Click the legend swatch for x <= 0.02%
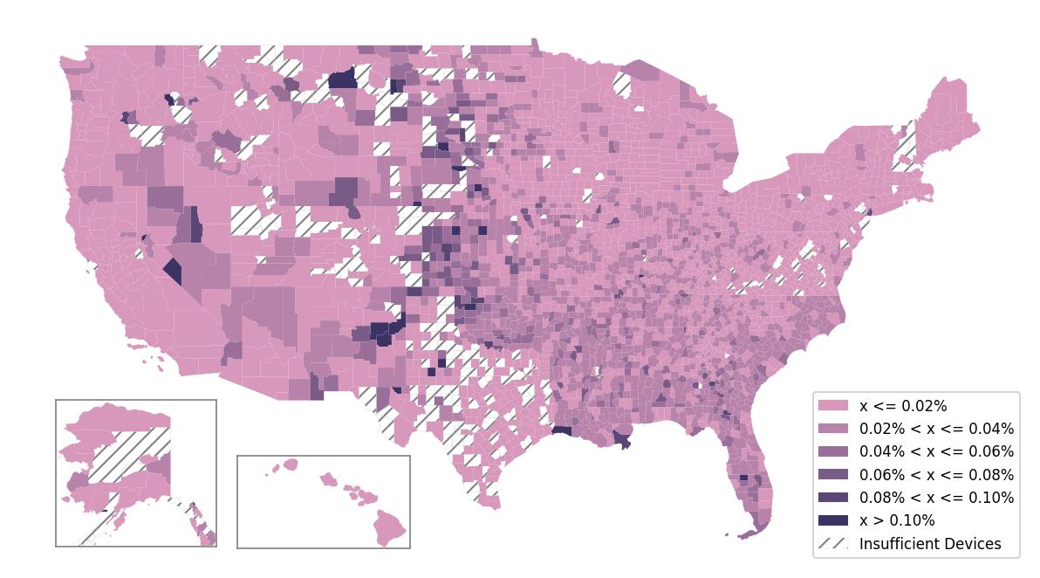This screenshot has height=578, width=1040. click(x=832, y=406)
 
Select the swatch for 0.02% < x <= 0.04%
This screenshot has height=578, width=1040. click(x=832, y=429)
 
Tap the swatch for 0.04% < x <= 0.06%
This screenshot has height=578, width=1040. click(x=832, y=451)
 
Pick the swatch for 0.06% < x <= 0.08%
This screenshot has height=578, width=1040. click(x=832, y=475)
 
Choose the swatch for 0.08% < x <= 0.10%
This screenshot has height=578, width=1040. click(x=832, y=498)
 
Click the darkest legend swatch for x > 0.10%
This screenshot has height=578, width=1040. click(x=832, y=520)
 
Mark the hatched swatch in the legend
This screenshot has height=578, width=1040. click(x=832, y=543)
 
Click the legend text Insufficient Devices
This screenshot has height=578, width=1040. click(x=930, y=544)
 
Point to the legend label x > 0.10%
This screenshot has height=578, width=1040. click(x=897, y=521)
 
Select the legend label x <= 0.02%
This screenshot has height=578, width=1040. click(x=903, y=406)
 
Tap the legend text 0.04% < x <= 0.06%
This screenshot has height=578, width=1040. click(x=936, y=452)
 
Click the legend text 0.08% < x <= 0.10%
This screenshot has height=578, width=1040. click(x=936, y=498)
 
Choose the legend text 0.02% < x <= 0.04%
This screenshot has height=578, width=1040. click(x=936, y=429)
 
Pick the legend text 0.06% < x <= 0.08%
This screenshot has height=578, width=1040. click(x=936, y=475)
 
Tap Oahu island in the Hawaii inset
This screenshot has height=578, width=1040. click(x=328, y=479)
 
